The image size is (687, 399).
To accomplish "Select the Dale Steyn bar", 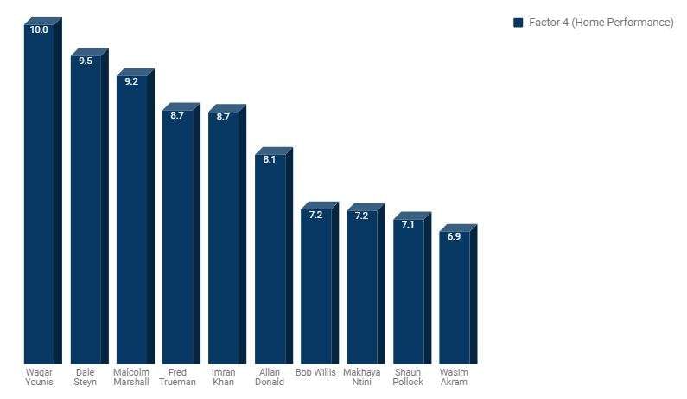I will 86,212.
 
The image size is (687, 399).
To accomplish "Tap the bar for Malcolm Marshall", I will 131,221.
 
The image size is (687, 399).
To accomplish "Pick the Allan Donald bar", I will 270,260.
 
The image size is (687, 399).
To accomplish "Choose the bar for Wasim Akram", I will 455,299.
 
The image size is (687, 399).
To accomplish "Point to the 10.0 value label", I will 39,29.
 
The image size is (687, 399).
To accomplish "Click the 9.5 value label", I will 85,61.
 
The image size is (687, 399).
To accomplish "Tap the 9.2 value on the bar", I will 131,81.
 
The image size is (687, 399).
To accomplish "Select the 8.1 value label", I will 270,159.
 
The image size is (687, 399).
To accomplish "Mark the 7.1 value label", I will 408,224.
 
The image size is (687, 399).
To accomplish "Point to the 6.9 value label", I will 454,236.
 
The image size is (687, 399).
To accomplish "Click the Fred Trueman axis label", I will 178,377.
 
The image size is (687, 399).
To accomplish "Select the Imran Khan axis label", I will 223,377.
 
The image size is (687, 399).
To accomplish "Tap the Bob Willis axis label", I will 315,373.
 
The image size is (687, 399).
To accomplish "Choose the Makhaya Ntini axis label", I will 362,377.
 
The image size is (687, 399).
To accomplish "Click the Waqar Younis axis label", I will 39,377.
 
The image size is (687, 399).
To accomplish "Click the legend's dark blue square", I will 518,23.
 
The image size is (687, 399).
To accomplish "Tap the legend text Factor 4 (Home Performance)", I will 601,23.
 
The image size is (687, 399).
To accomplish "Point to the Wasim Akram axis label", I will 454,377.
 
